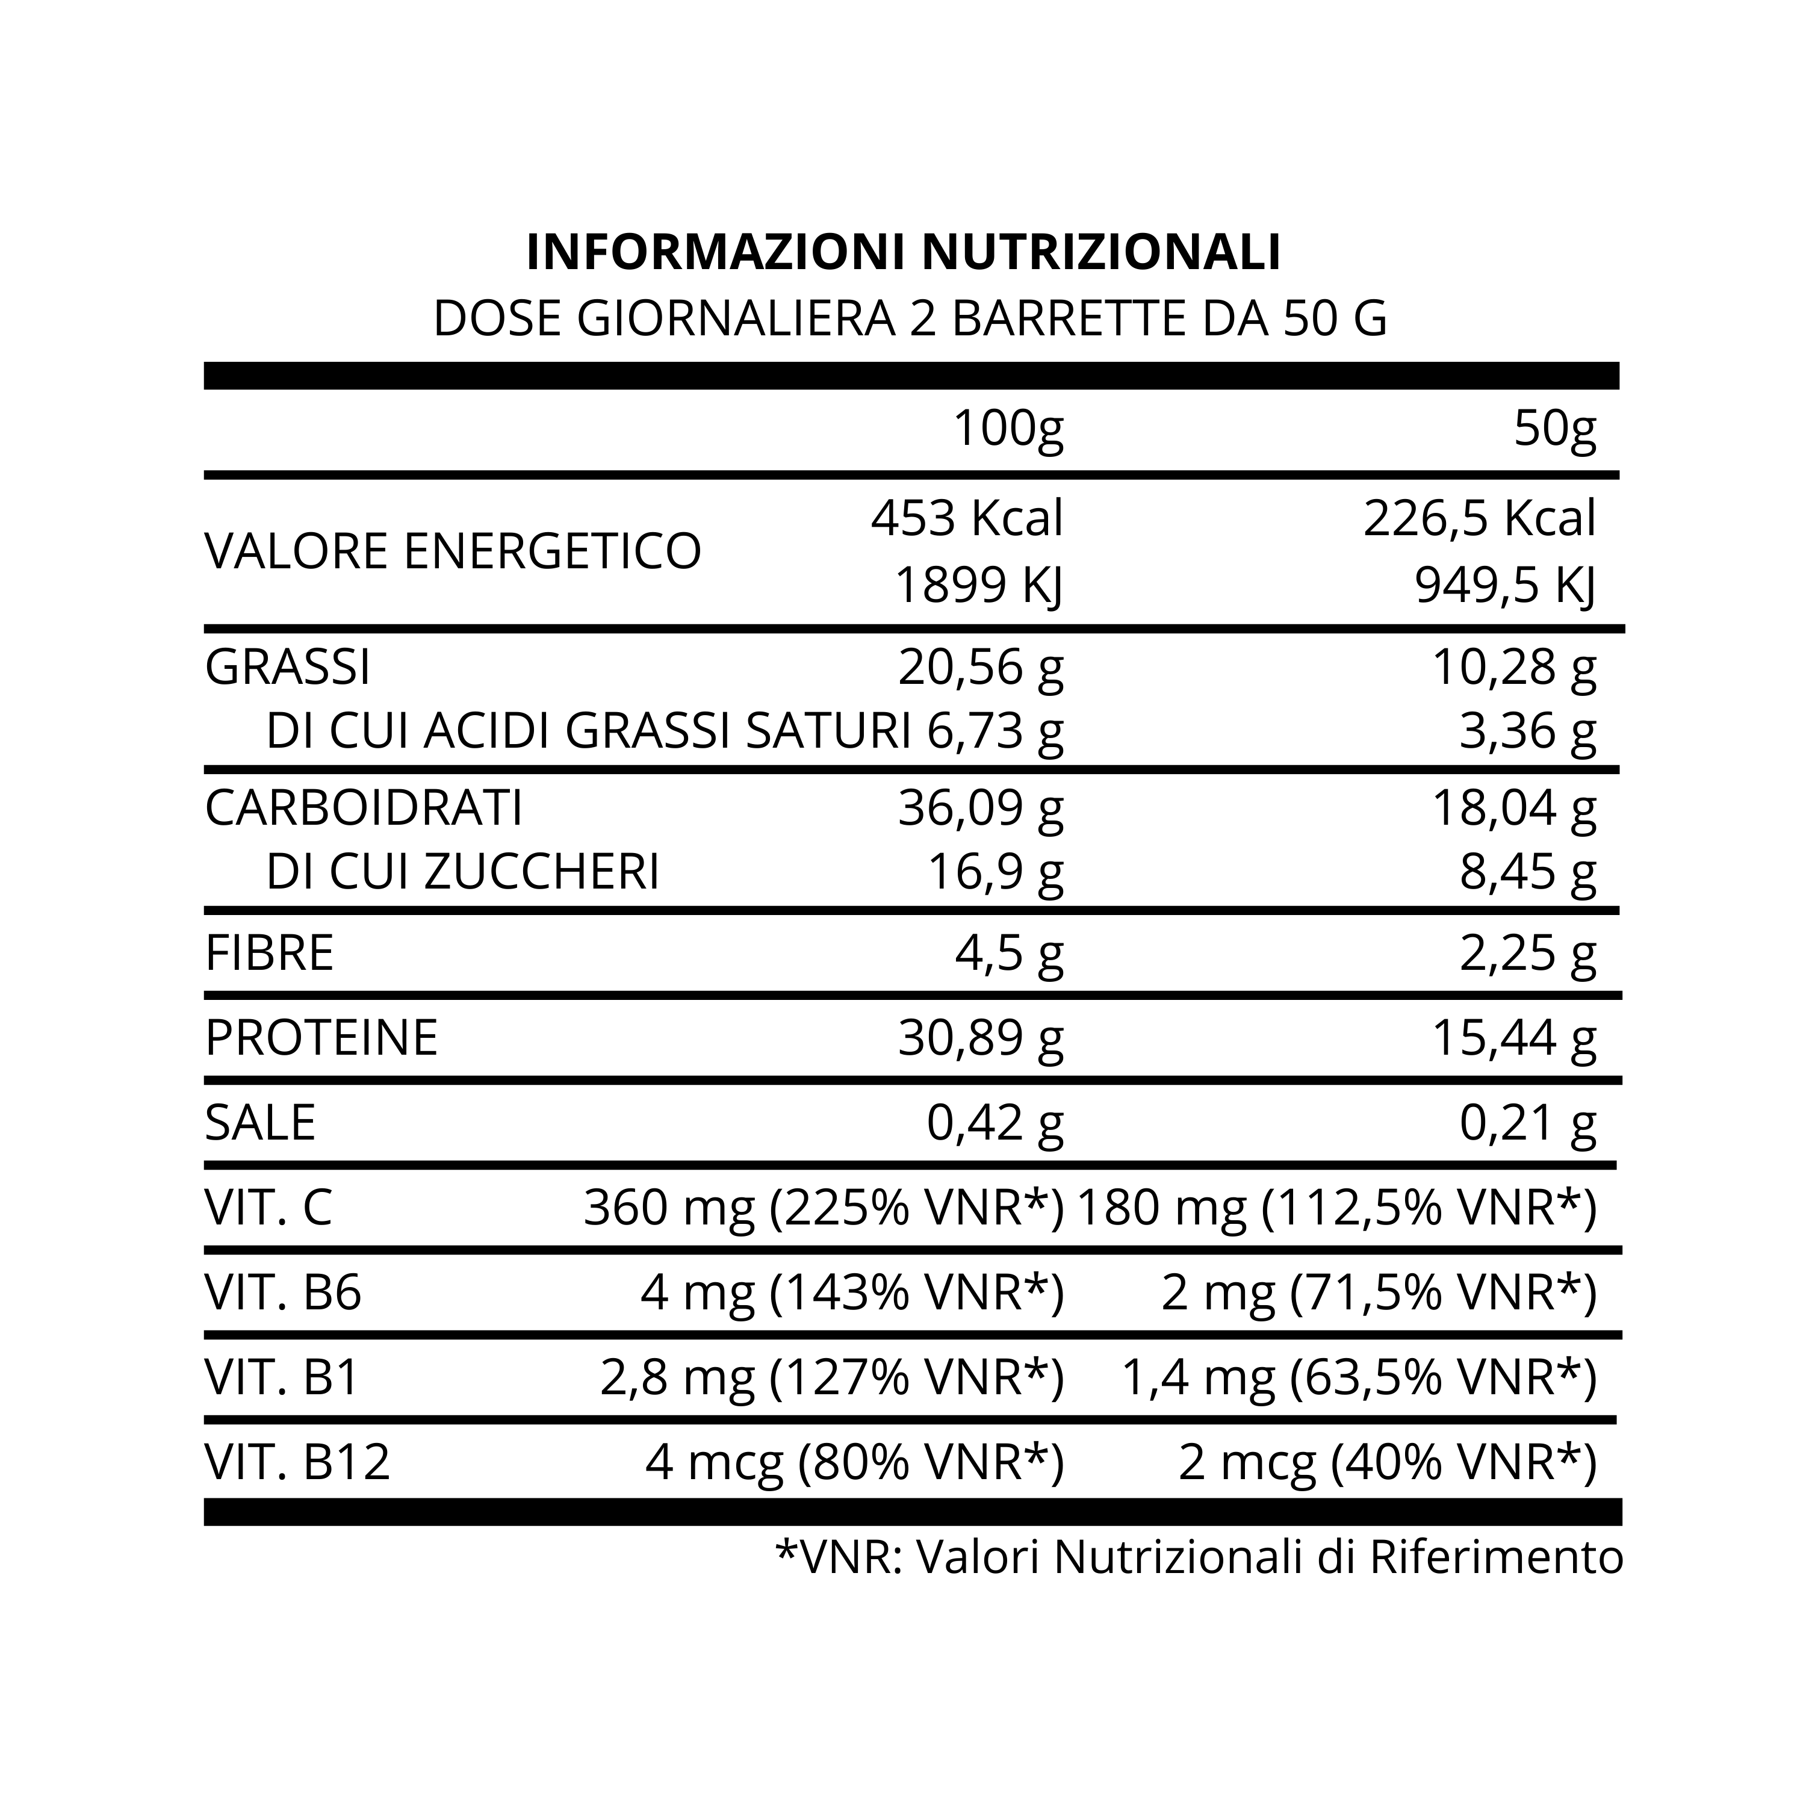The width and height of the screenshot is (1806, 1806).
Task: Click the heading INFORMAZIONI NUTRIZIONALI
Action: point(903,252)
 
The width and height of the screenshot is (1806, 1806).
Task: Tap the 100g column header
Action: point(1008,429)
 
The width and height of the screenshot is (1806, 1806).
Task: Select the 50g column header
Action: point(1554,429)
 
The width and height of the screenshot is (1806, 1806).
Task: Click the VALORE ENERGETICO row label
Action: point(453,551)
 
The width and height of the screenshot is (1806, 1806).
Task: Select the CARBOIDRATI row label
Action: point(364,808)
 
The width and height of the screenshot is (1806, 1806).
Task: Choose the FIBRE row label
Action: point(269,952)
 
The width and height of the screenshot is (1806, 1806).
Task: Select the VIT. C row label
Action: point(268,1208)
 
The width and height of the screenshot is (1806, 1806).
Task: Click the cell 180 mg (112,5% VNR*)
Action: point(1336,1208)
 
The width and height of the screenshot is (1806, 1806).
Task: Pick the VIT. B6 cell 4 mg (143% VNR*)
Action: point(852,1293)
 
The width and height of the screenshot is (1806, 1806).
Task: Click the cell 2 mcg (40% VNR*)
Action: point(1387,1463)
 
